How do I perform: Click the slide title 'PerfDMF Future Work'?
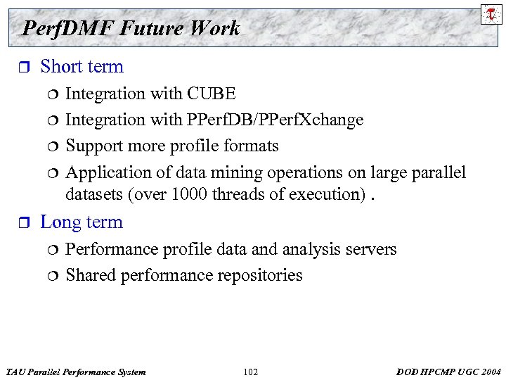click(x=131, y=28)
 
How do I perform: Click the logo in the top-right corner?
click(x=491, y=14)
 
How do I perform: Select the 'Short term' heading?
click(x=82, y=67)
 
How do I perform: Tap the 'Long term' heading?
click(x=82, y=222)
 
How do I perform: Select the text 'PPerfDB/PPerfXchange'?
click(x=275, y=120)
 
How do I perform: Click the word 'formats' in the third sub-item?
click(x=251, y=146)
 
